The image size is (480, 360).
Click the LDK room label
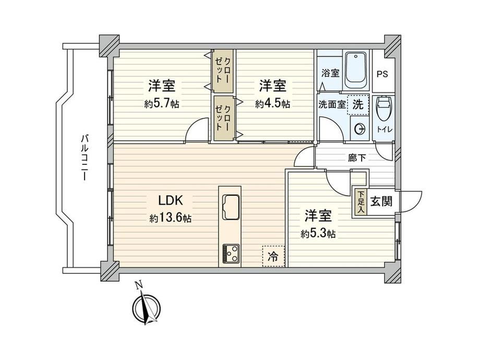point(171,201)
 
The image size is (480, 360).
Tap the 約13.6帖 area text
point(171,218)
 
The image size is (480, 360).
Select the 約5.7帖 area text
point(162,104)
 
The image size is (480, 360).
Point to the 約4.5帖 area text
point(272,104)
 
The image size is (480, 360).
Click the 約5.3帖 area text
point(318,234)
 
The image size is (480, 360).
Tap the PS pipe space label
point(382,74)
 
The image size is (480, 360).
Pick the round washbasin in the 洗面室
point(359,129)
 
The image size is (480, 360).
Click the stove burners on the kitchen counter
point(231,253)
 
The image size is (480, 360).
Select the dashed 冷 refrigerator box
point(273,256)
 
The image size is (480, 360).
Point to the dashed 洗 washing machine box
point(358,105)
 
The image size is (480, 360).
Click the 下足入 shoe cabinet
point(361,202)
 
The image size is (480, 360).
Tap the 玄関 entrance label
point(381,201)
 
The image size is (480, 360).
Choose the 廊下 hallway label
point(357,158)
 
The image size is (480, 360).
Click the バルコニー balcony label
point(85,157)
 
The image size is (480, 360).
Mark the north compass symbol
point(146,306)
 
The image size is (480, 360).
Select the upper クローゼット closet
point(223,71)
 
